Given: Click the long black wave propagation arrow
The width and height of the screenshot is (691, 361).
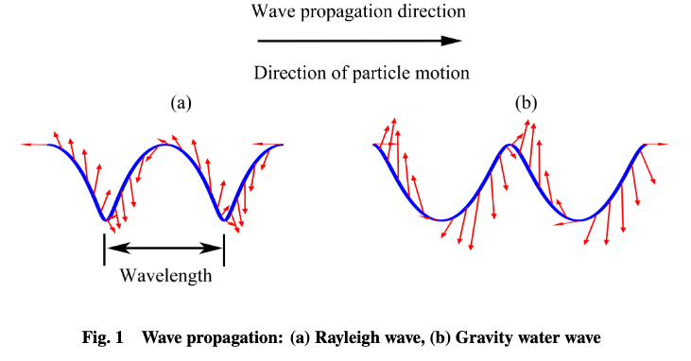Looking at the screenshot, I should [x=359, y=42].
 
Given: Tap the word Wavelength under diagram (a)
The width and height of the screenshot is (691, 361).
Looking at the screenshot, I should [x=166, y=276].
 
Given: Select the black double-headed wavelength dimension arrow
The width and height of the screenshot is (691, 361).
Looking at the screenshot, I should [x=164, y=249].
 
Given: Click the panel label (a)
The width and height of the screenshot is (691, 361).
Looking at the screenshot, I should [x=181, y=102].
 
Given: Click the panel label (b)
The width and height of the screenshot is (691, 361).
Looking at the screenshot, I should [x=526, y=102].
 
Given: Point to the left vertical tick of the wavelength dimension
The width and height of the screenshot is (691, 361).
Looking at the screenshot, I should [x=104, y=249].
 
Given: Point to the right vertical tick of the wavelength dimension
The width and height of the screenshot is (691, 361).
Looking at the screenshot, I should [x=224, y=249].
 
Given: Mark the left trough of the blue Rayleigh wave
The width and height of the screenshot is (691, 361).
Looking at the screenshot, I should [x=104, y=219].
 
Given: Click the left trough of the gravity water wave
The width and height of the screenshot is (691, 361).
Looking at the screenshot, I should [x=441, y=220].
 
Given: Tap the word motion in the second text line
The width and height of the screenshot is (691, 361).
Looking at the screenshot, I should [x=447, y=73].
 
